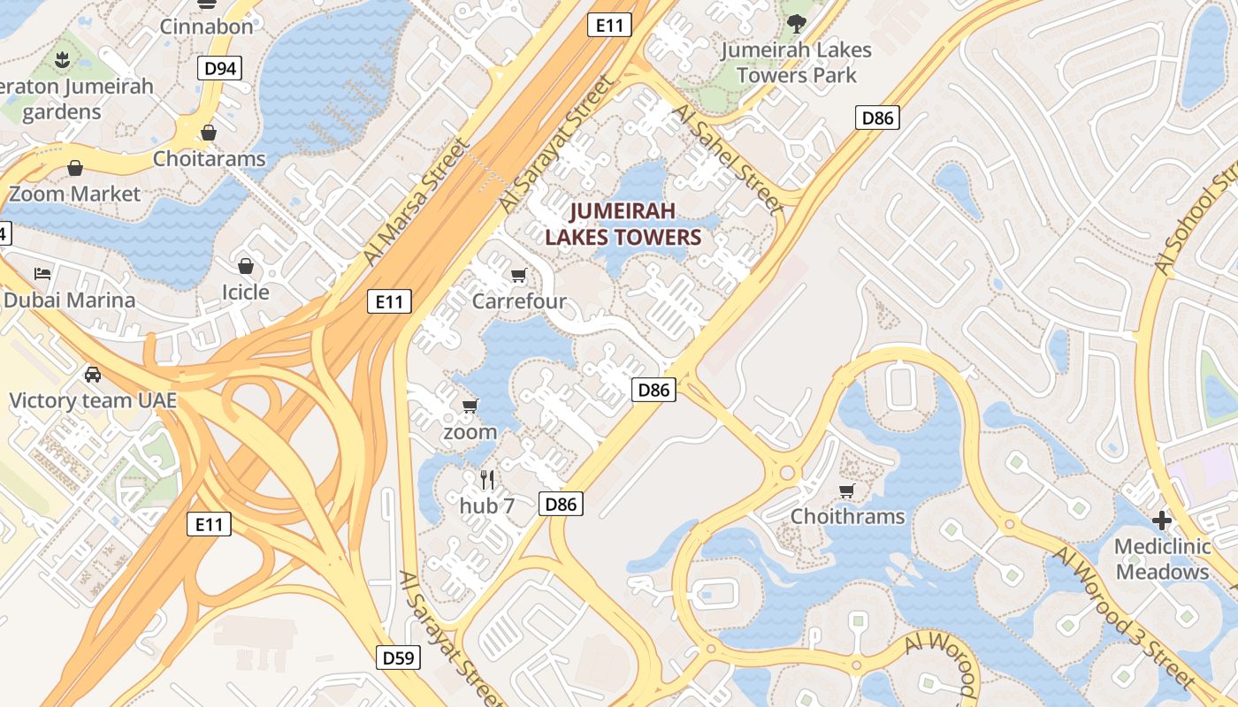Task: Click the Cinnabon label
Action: [x=206, y=27]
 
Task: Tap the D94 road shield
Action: [x=219, y=69]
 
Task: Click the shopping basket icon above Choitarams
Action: [x=209, y=133]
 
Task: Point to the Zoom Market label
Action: [x=74, y=194]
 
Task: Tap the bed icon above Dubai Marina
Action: [x=42, y=274]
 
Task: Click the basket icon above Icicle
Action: [x=246, y=266]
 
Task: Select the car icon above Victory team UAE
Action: [x=93, y=375]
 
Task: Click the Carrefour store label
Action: [x=519, y=301]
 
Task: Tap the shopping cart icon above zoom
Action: [x=470, y=407]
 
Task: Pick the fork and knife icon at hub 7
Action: [x=486, y=480]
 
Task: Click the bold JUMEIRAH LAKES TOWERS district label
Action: [x=623, y=224]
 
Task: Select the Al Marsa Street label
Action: [x=414, y=201]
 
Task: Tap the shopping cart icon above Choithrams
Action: [x=847, y=490]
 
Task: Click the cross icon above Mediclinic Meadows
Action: [x=1162, y=521]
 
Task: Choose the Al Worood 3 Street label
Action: [x=1122, y=616]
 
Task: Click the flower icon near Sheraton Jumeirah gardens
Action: [x=62, y=61]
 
